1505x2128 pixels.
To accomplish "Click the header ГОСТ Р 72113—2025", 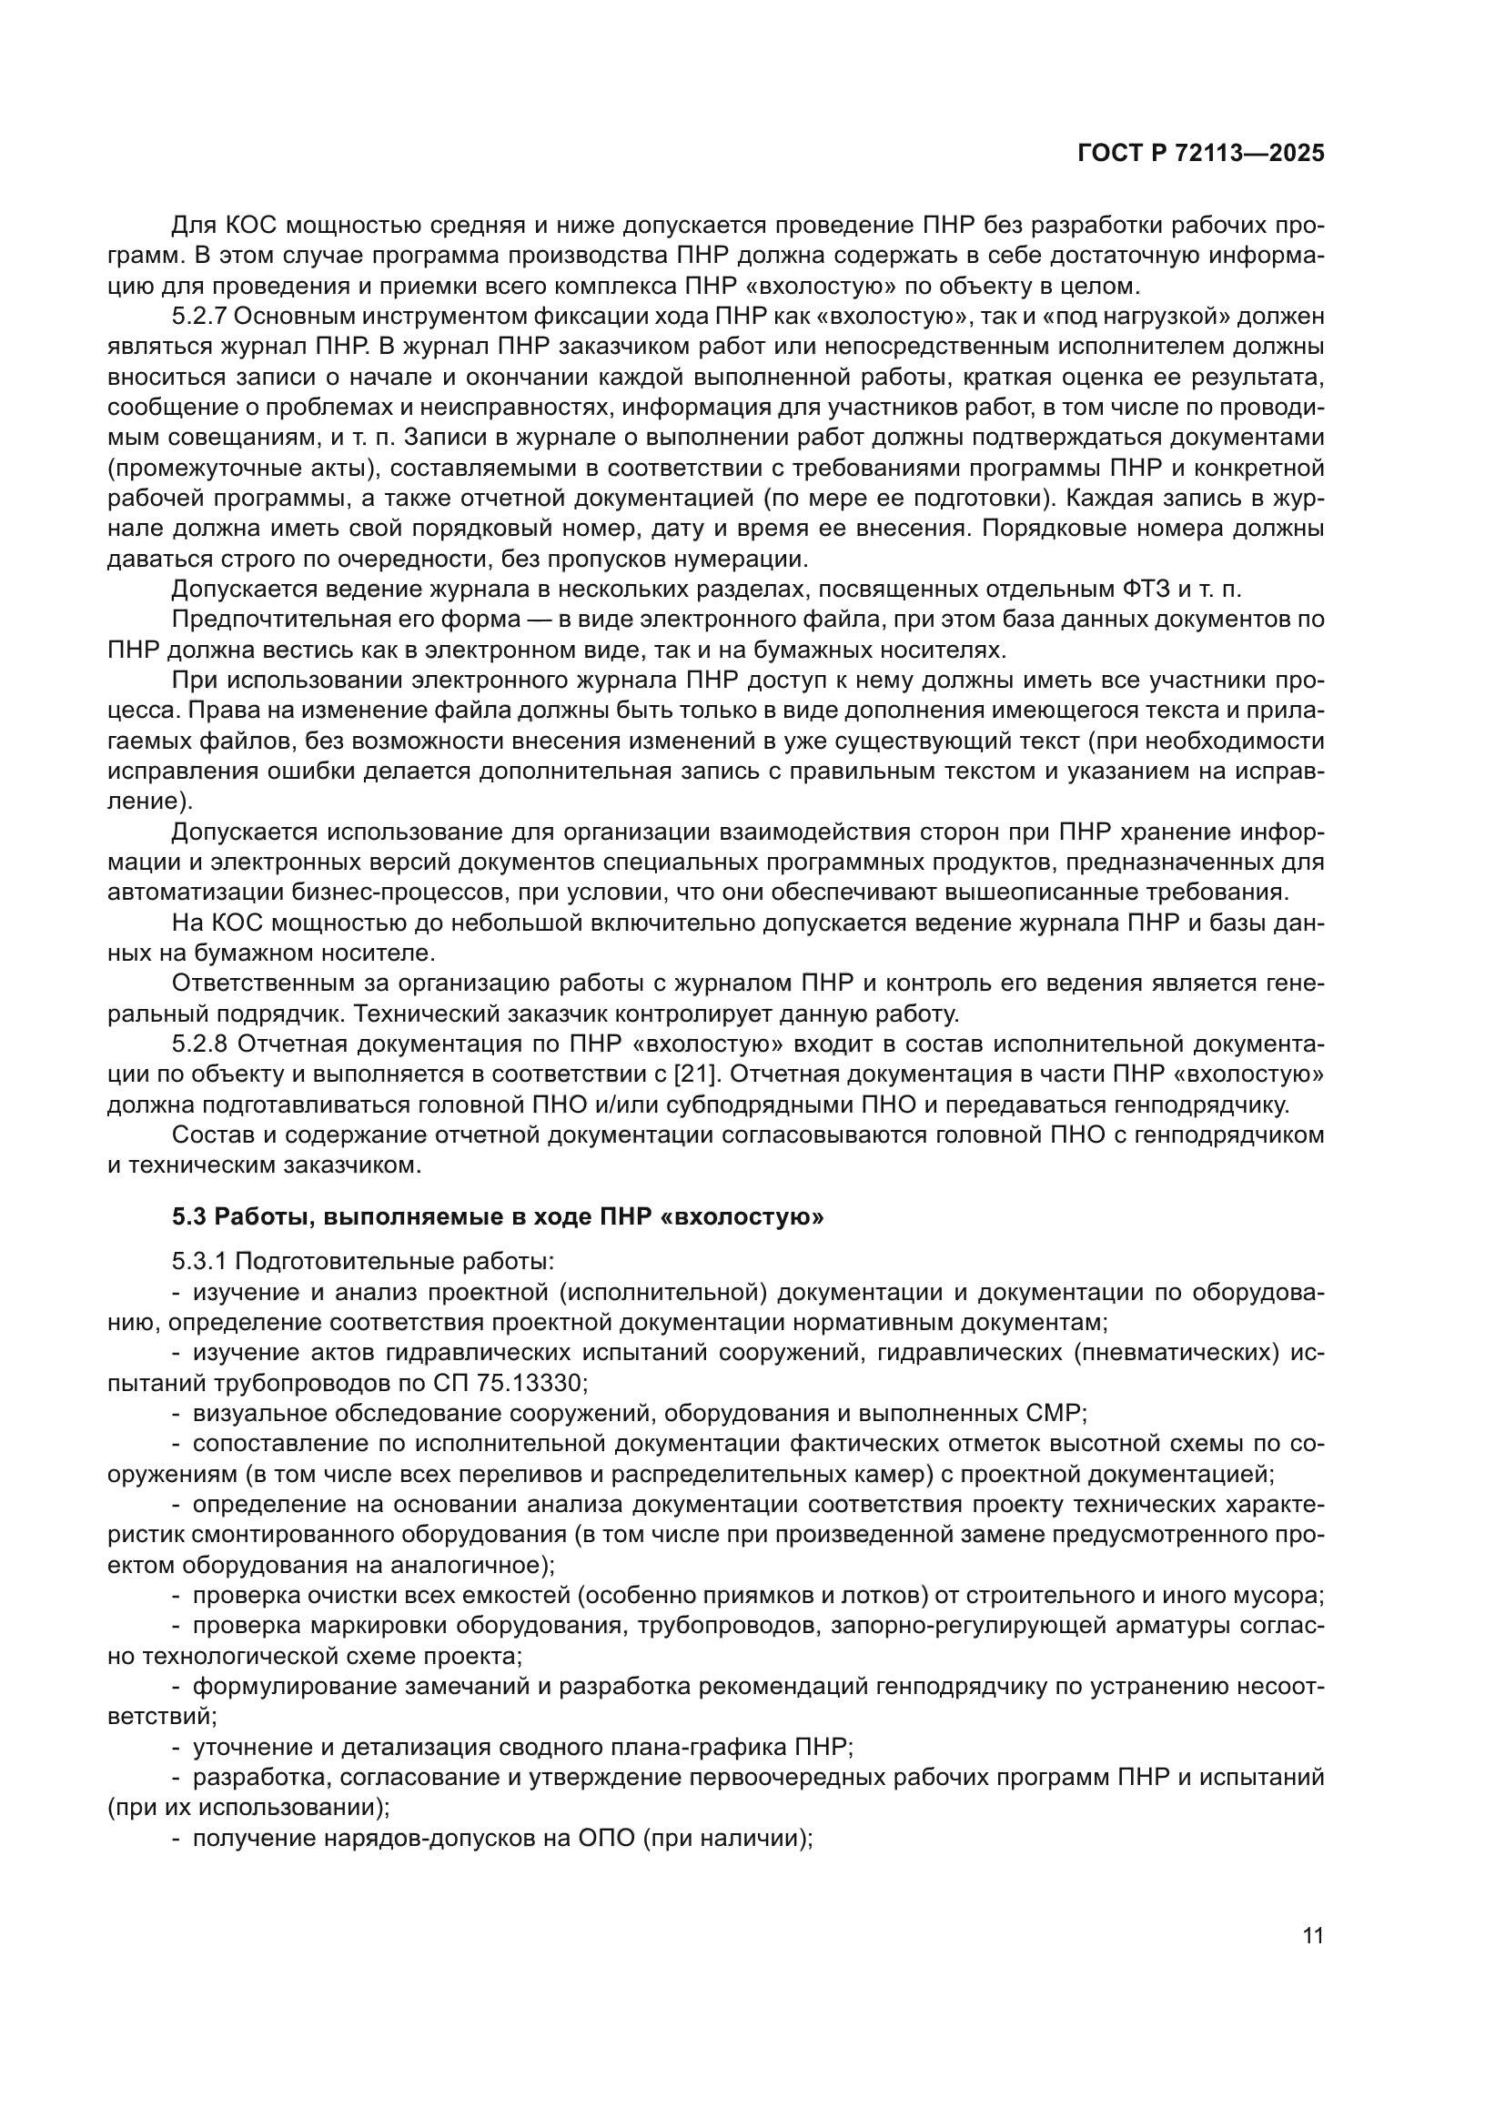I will (1201, 154).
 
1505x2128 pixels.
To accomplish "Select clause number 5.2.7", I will (199, 317).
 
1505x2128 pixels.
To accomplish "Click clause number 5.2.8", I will (199, 1044).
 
